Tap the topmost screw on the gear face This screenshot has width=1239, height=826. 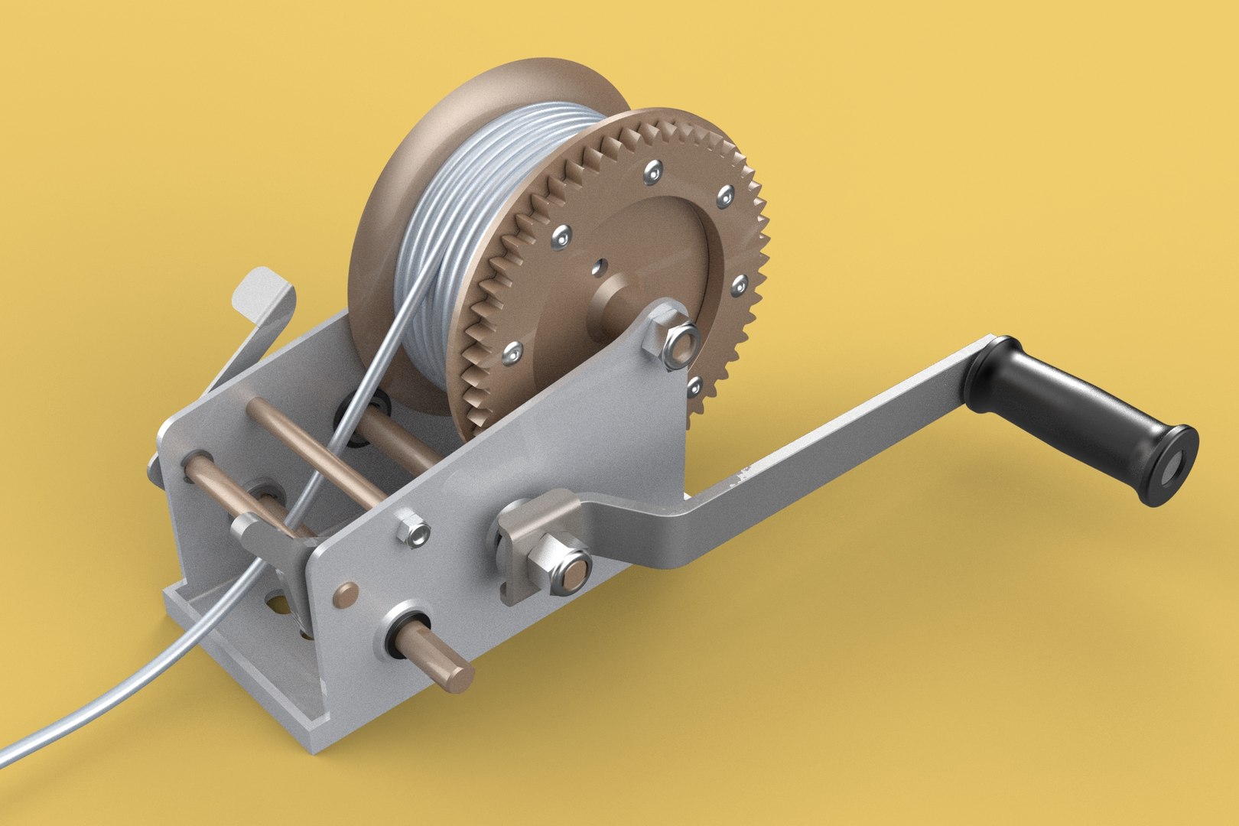point(652,174)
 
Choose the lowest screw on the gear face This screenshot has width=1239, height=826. point(694,387)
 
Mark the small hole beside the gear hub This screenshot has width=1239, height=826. point(599,267)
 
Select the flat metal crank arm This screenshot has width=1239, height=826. point(826,451)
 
